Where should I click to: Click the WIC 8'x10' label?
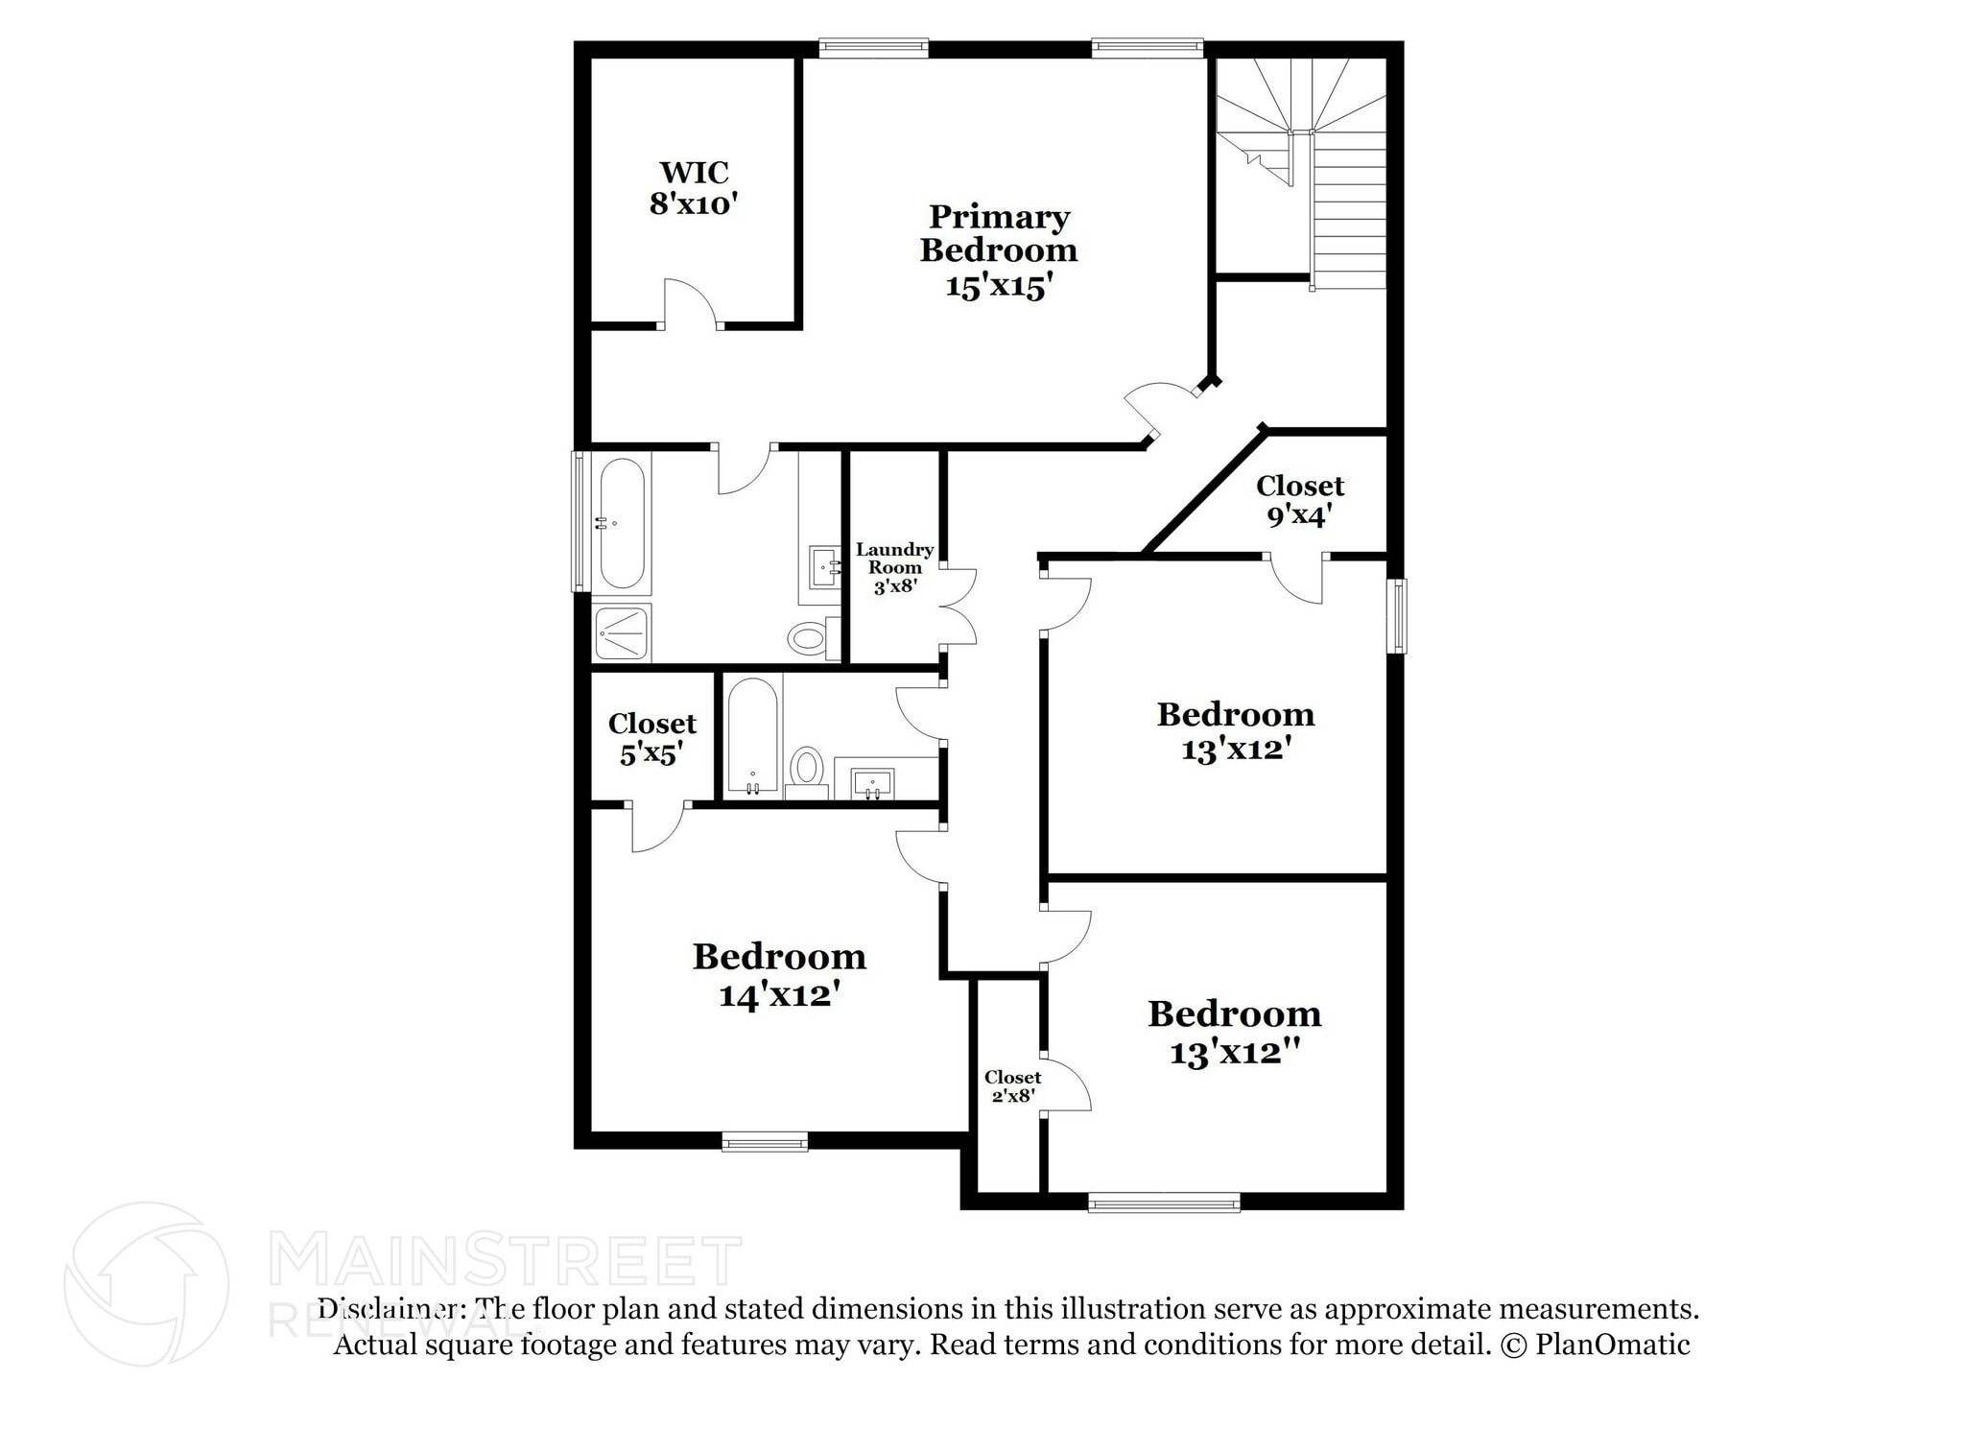(694, 188)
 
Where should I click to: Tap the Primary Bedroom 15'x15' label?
(999, 251)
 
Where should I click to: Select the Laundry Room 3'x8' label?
(894, 567)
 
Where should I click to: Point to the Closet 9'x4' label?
(1300, 500)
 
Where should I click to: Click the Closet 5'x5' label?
(651, 738)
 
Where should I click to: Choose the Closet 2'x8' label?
(1012, 1086)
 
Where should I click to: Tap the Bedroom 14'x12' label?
(779, 975)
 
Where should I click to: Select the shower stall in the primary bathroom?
(622, 632)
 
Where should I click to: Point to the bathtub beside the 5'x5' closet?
(752, 736)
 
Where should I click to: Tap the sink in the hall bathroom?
(872, 782)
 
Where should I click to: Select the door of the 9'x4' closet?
(1297, 580)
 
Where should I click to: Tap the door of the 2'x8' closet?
(1065, 1084)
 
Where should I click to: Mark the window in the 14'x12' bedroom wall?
(765, 1141)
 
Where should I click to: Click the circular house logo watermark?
(146, 1283)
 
